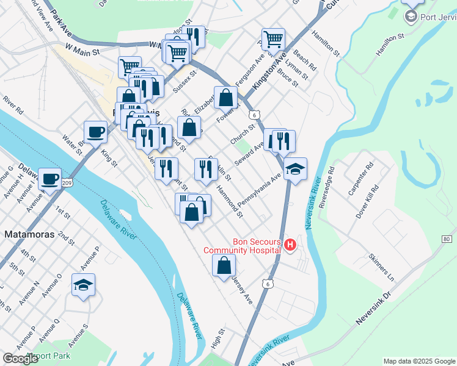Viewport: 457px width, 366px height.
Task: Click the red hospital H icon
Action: click(290, 245)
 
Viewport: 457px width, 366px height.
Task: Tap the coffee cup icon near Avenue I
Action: click(50, 179)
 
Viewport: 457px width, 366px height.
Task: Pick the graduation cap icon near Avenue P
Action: click(84, 285)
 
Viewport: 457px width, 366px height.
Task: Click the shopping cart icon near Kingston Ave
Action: click(273, 40)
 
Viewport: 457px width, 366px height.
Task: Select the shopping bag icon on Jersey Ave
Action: click(224, 265)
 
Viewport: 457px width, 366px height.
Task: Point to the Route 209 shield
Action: click(67, 183)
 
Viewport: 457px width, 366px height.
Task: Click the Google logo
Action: click(21, 359)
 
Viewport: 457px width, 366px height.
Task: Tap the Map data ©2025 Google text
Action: click(419, 361)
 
